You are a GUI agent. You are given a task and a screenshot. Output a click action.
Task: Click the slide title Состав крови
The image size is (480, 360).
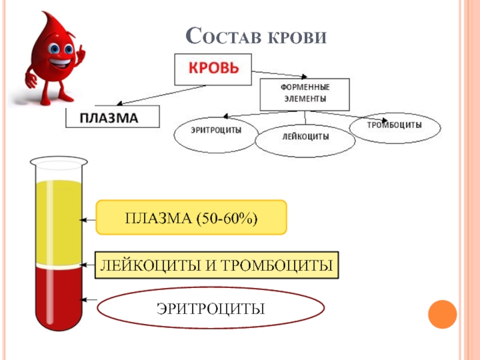pyautogui.click(x=257, y=37)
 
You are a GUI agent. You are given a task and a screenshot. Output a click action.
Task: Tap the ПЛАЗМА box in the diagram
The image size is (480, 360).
pyautogui.click(x=113, y=118)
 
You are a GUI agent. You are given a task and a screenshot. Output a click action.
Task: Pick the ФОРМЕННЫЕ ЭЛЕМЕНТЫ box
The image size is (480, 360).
pyautogui.click(x=304, y=93)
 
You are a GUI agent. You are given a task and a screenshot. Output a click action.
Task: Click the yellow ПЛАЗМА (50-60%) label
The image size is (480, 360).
pyautogui.click(x=191, y=217)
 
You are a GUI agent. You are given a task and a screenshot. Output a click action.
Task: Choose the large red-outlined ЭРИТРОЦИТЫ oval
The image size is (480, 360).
pyautogui.click(x=211, y=308)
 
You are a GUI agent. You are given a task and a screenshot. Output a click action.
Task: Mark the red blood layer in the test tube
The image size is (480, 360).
pyautogui.click(x=58, y=294)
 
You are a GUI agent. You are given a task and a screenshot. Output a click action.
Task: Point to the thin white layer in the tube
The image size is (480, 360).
pyautogui.click(x=58, y=265)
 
